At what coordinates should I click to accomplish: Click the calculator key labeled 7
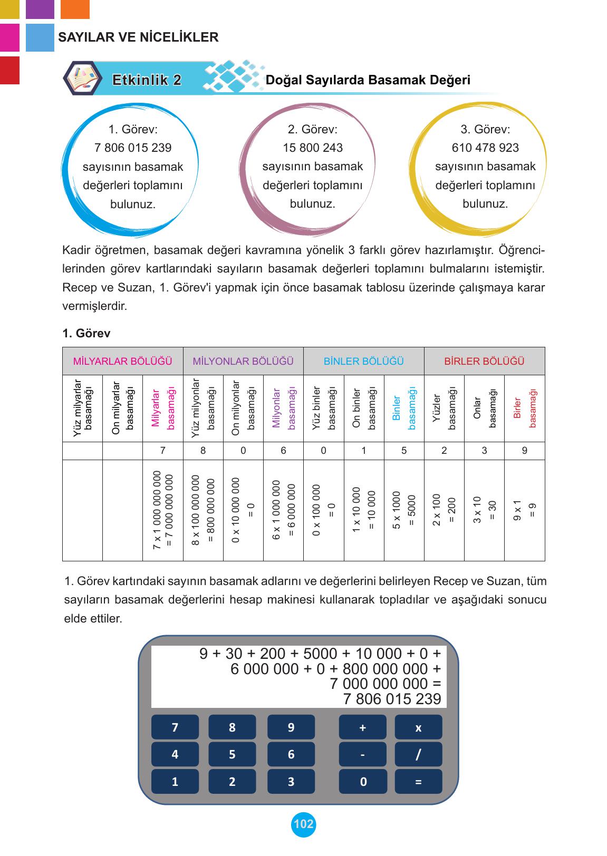(x=175, y=727)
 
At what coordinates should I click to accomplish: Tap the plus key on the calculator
(x=362, y=727)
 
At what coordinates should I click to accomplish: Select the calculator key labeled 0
(x=363, y=782)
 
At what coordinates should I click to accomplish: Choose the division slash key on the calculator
(x=418, y=754)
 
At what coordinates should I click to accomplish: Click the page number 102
(x=303, y=824)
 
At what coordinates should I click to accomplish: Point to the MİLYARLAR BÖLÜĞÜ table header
(x=123, y=361)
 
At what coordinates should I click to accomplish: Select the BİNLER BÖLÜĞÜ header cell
(x=363, y=361)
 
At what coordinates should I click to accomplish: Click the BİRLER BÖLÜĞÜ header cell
(x=484, y=361)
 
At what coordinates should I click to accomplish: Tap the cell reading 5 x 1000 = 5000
(x=404, y=510)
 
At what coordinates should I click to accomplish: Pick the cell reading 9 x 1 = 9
(x=524, y=510)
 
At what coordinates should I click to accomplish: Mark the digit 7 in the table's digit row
(x=163, y=451)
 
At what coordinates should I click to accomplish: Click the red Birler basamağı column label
(x=524, y=408)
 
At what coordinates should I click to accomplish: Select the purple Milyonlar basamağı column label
(x=283, y=408)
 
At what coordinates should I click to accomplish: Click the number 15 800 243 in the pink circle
(x=313, y=148)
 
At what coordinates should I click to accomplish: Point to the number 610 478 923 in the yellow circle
(x=485, y=148)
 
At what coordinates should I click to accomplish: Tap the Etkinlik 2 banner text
(x=147, y=80)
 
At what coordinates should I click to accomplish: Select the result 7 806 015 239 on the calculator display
(x=392, y=699)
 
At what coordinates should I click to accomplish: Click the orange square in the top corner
(x=75, y=9)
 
